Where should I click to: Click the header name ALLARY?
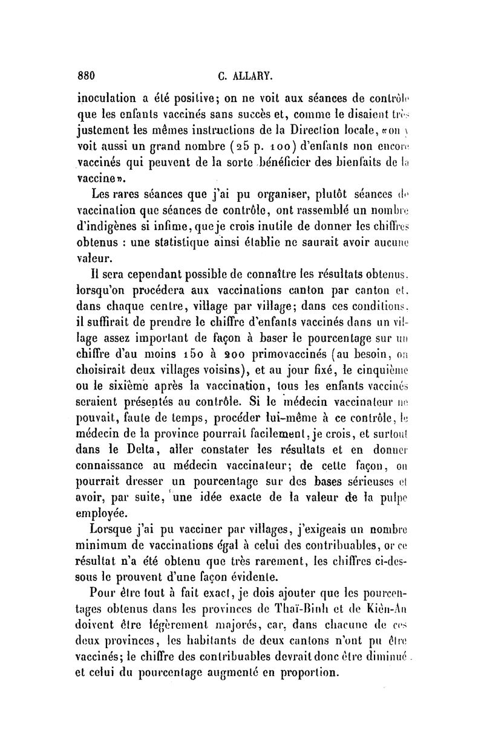pos(254,77)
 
